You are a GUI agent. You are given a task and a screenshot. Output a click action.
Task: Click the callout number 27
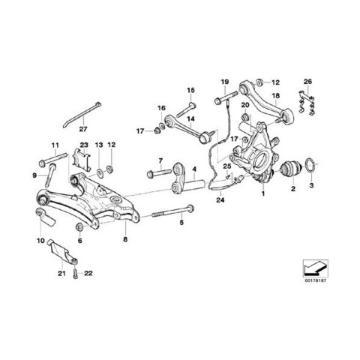[x=83, y=129]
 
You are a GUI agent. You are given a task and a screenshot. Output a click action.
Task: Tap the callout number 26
[x=307, y=82]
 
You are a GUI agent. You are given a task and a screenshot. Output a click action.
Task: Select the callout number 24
[x=220, y=200]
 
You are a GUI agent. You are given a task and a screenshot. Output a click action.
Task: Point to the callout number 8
[x=125, y=239]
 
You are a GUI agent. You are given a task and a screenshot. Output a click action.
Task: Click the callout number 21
[x=61, y=273]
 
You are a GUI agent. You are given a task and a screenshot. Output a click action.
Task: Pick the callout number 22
[x=88, y=273]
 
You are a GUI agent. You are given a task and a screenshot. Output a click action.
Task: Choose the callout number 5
[x=181, y=222]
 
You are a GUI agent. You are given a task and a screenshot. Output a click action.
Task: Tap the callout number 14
[x=190, y=118]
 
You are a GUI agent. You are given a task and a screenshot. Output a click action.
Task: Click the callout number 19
[x=225, y=82]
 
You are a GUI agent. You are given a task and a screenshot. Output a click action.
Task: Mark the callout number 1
[x=262, y=193]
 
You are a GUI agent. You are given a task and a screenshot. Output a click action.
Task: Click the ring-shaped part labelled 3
[x=310, y=166]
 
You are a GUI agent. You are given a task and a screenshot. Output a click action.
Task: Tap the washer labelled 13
[x=100, y=172]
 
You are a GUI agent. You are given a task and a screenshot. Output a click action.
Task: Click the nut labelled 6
[x=79, y=226]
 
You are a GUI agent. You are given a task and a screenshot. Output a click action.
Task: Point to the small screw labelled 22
[x=75, y=273]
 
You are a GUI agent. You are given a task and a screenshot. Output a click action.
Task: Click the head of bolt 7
[x=151, y=174]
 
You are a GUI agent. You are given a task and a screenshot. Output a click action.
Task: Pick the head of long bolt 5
[x=190, y=208]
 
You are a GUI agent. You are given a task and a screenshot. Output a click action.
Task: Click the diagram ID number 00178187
[x=316, y=280]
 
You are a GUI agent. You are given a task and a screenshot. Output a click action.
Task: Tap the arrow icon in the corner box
[x=316, y=268]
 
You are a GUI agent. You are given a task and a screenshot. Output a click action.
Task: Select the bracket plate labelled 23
[x=82, y=160]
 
